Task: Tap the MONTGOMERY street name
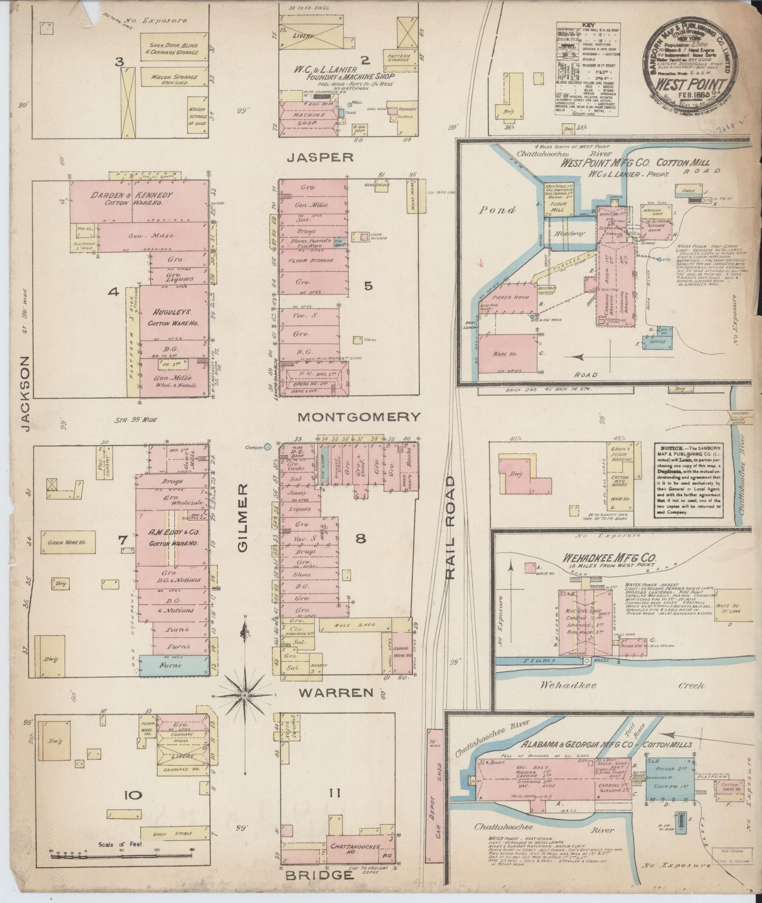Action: (359, 417)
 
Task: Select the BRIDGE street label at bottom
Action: (319, 875)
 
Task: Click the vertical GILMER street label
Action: (242, 518)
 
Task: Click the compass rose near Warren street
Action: (244, 695)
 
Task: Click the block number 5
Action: (368, 286)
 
